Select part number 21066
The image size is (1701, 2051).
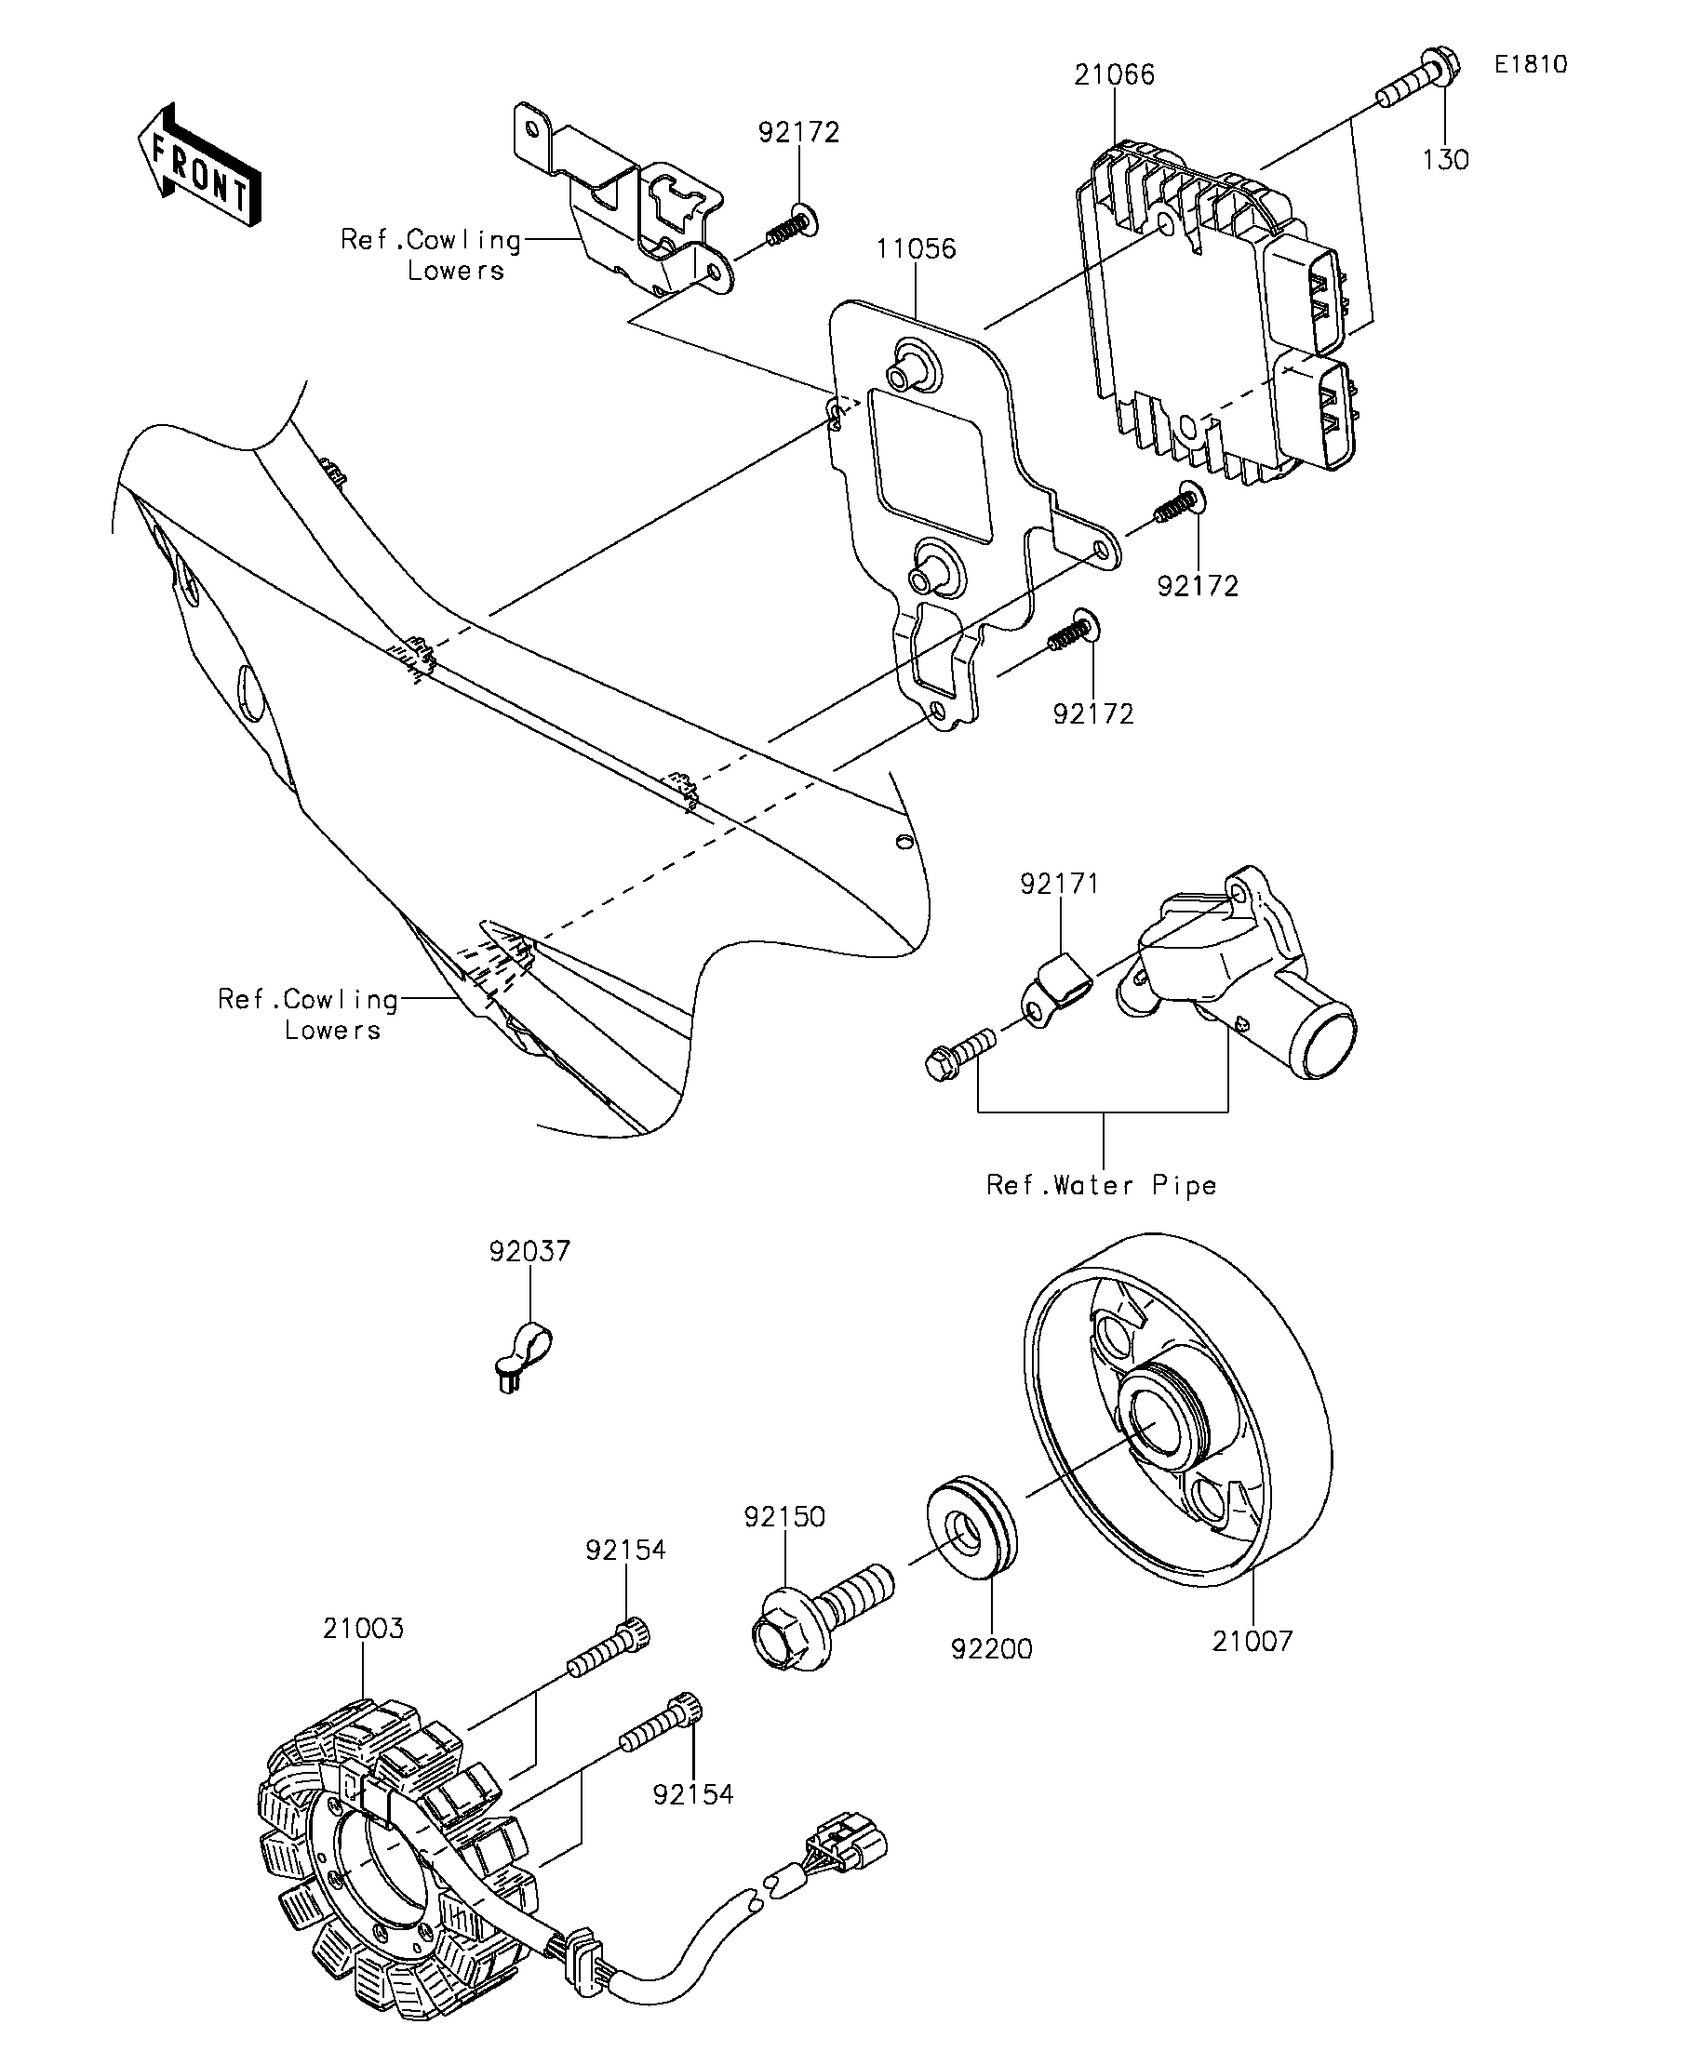[x=1114, y=74]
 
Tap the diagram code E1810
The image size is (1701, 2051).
[x=1530, y=64]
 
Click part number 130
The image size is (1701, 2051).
[x=1445, y=159]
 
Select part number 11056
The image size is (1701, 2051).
[x=916, y=248]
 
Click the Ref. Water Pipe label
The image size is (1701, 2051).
[x=1101, y=1185]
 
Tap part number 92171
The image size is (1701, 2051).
[x=1060, y=883]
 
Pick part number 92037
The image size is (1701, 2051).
[x=529, y=1251]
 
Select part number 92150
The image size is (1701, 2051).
[x=784, y=1517]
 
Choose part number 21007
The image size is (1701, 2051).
[x=1252, y=1641]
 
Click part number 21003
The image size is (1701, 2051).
[x=364, y=1628]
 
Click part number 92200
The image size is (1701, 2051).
[x=992, y=1648]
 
